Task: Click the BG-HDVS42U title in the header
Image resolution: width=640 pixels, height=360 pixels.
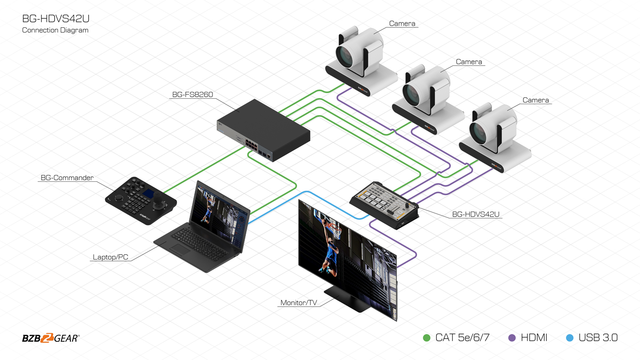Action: coord(56,19)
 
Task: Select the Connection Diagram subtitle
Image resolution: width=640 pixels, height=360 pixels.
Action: coord(55,30)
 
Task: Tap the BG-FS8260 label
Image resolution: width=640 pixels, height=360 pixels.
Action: coord(192,95)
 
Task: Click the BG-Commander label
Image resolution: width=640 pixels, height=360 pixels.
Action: coord(67,178)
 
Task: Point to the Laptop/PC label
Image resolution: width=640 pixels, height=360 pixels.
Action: coord(110,257)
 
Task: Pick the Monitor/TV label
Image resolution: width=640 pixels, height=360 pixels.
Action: coord(299,302)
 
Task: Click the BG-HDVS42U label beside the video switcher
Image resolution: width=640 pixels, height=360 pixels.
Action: coord(476,214)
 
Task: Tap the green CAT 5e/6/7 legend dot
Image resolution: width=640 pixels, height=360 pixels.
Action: coord(427,338)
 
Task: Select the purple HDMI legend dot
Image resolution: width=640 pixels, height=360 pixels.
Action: coord(512,338)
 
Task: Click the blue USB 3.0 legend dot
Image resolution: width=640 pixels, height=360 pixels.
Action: coord(570,338)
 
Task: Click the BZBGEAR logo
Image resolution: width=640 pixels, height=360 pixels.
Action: coord(51,338)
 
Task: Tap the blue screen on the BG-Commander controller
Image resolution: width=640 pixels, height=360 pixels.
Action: coord(148,193)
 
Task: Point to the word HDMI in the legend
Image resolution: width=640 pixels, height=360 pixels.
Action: coord(534,338)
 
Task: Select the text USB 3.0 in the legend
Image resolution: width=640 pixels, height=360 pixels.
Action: coord(598,338)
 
